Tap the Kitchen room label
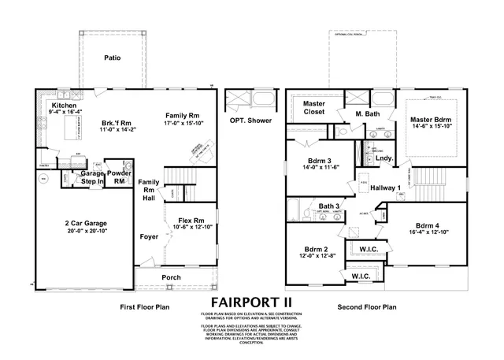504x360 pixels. point(64,106)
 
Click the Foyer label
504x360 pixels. point(149,234)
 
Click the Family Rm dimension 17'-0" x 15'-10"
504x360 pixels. point(183,123)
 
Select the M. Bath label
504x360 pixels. point(368,113)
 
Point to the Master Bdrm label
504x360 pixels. point(430,120)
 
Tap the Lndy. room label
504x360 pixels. point(384,158)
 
